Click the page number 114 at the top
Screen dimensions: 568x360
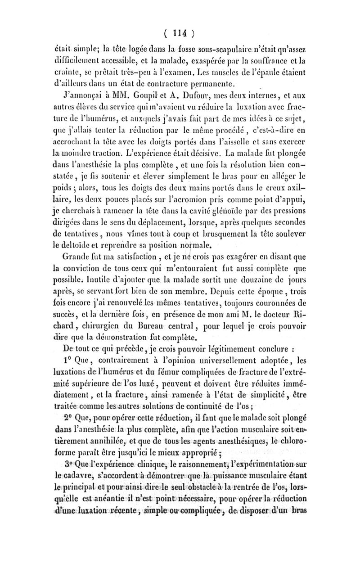[x=179, y=32]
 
